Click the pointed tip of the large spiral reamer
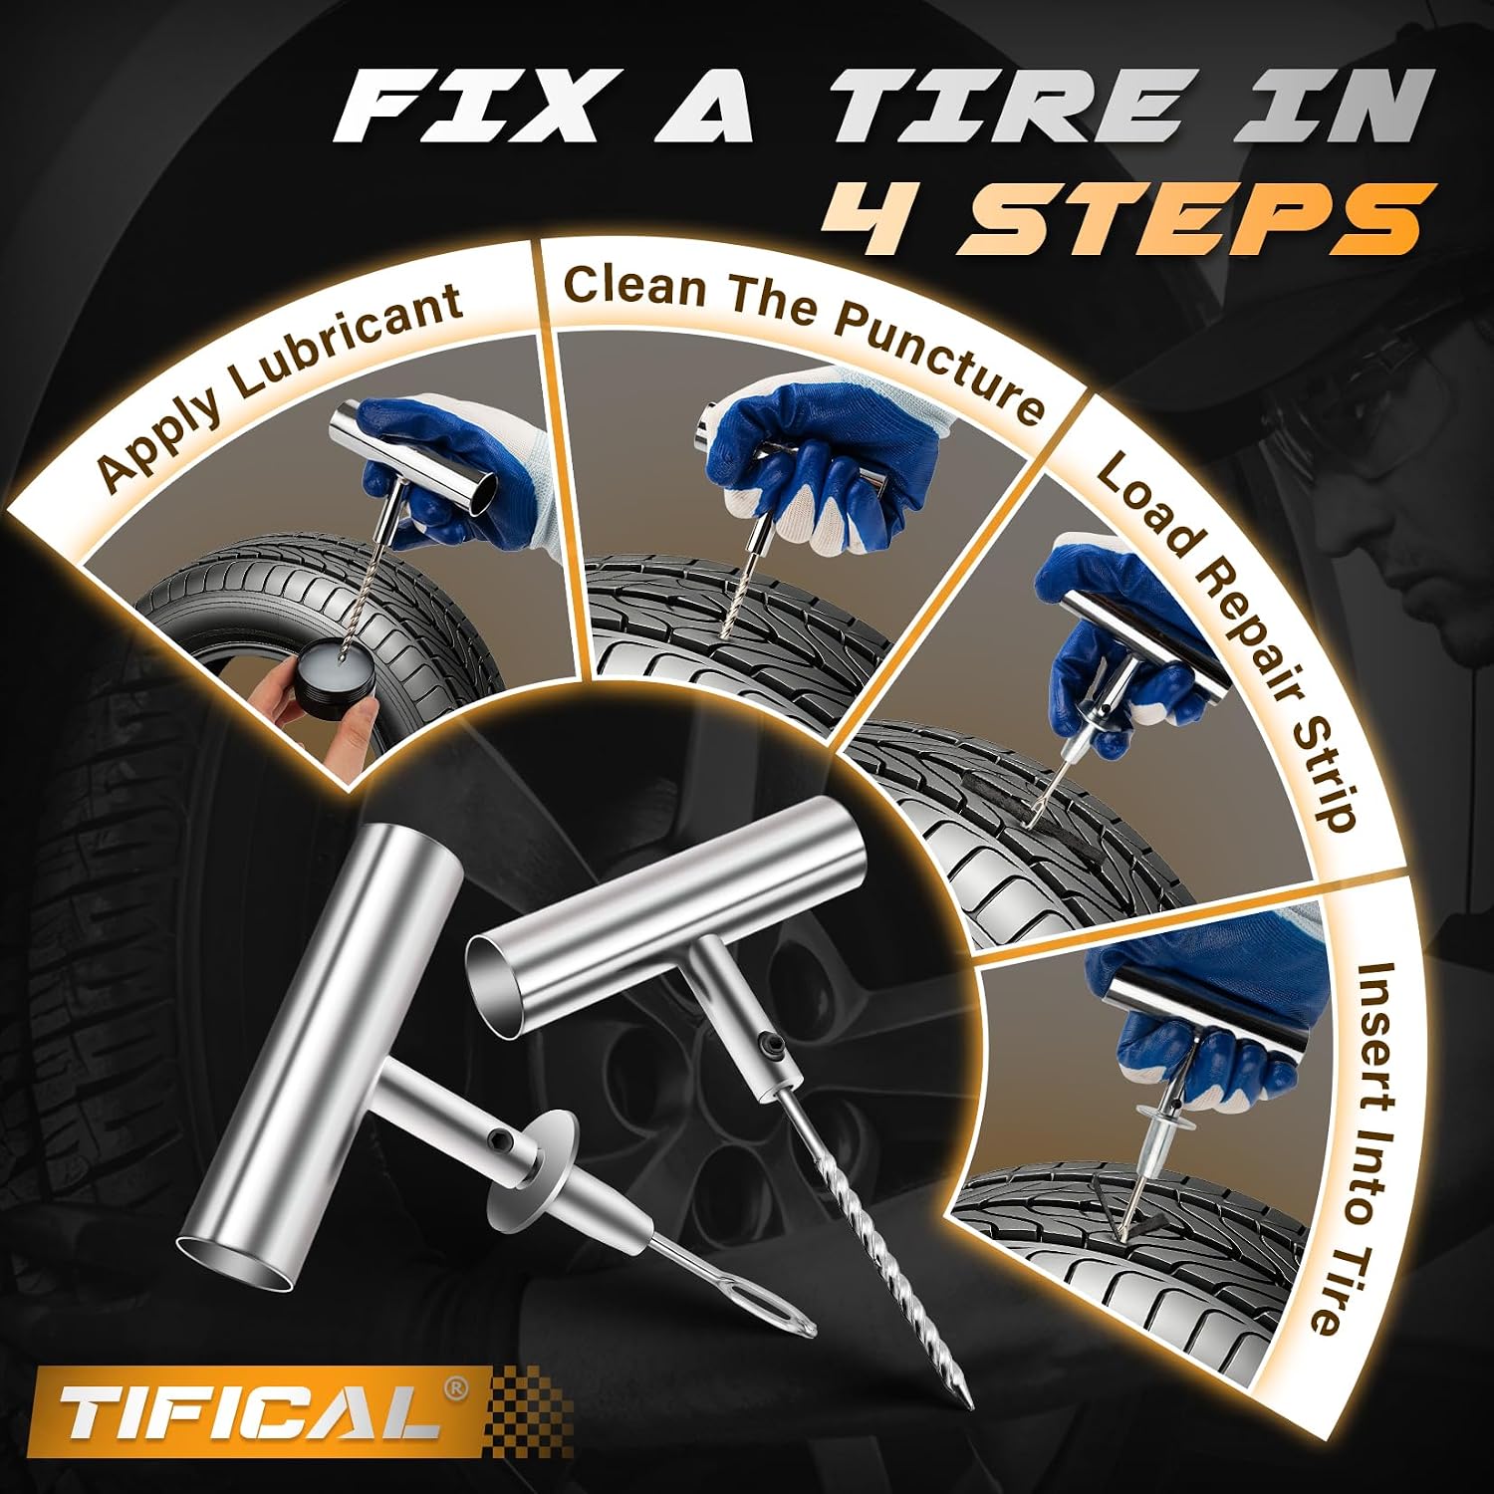(x=963, y=1400)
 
